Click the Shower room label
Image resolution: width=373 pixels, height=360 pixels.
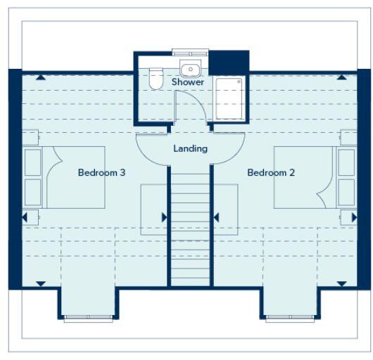click(x=188, y=82)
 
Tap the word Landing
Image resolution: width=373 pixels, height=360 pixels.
click(x=190, y=148)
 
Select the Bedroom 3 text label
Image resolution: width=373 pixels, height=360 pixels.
click(x=101, y=172)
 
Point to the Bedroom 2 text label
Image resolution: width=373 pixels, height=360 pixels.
click(x=271, y=172)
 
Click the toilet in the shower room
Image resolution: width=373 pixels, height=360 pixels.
click(x=156, y=79)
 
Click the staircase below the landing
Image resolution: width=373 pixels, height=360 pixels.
click(x=190, y=225)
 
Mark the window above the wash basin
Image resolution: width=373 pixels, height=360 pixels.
click(x=190, y=52)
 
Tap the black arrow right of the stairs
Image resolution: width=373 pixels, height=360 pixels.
click(x=216, y=217)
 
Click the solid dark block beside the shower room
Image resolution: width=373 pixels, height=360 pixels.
click(x=229, y=61)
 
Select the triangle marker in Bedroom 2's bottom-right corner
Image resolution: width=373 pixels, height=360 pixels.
click(x=342, y=284)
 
